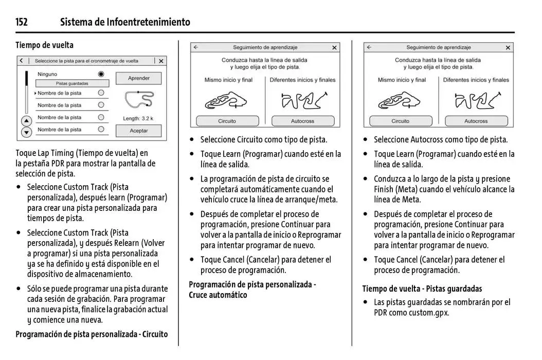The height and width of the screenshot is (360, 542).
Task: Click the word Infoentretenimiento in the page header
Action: [149, 22]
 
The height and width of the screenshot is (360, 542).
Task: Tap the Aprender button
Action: [138, 78]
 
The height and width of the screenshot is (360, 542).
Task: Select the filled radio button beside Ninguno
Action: [101, 74]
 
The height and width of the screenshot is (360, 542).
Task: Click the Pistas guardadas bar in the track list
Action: [72, 83]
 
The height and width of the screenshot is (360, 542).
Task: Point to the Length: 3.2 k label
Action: [138, 118]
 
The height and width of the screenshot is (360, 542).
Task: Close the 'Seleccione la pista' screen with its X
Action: [161, 61]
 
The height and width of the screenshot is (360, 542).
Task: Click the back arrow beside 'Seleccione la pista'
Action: [21, 61]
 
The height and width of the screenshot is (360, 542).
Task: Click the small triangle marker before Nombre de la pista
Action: [35, 94]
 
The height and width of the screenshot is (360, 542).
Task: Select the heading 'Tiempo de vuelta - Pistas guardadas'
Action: [422, 289]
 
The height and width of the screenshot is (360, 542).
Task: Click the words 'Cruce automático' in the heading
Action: [218, 295]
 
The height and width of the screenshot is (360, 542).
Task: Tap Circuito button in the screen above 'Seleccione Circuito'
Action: [227, 121]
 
